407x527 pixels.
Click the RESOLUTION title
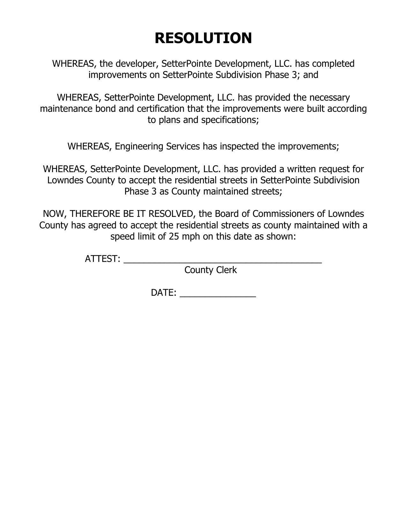(x=203, y=38)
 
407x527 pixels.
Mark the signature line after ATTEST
(x=222, y=261)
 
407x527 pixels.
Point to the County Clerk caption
(x=211, y=270)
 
